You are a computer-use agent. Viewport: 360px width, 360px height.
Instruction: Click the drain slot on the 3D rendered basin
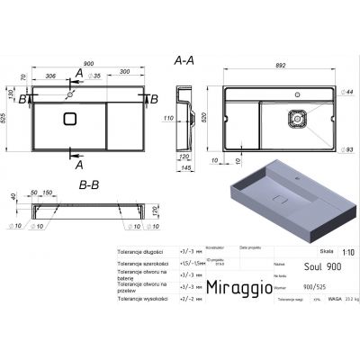[x=282, y=199]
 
